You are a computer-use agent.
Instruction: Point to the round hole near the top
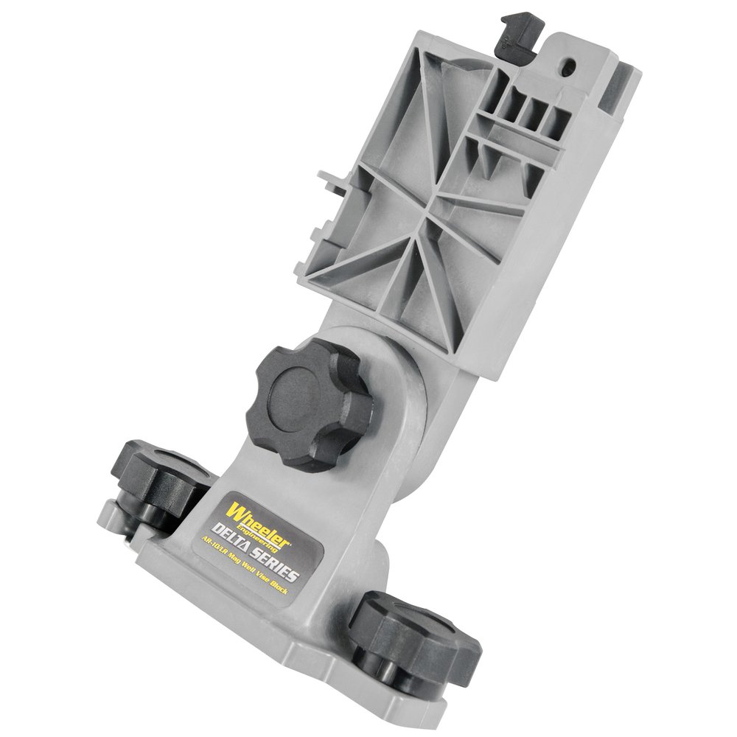(x=569, y=67)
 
